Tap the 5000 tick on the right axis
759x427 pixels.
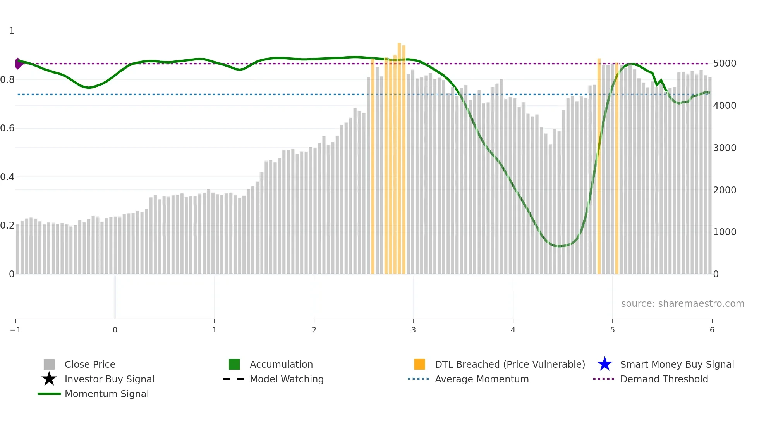[x=725, y=64]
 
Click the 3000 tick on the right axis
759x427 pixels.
[x=725, y=148]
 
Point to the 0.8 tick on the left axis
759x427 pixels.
[x=7, y=80]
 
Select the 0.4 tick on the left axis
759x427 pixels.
[x=7, y=177]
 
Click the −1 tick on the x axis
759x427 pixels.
[x=15, y=330]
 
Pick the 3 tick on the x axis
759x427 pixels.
[x=414, y=330]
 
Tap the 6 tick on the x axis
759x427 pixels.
[x=712, y=330]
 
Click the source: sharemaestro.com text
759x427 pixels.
[x=682, y=304]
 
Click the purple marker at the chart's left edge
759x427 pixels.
[x=18, y=64]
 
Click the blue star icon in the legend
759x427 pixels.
[x=604, y=364]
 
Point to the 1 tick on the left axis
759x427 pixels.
[x=12, y=31]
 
